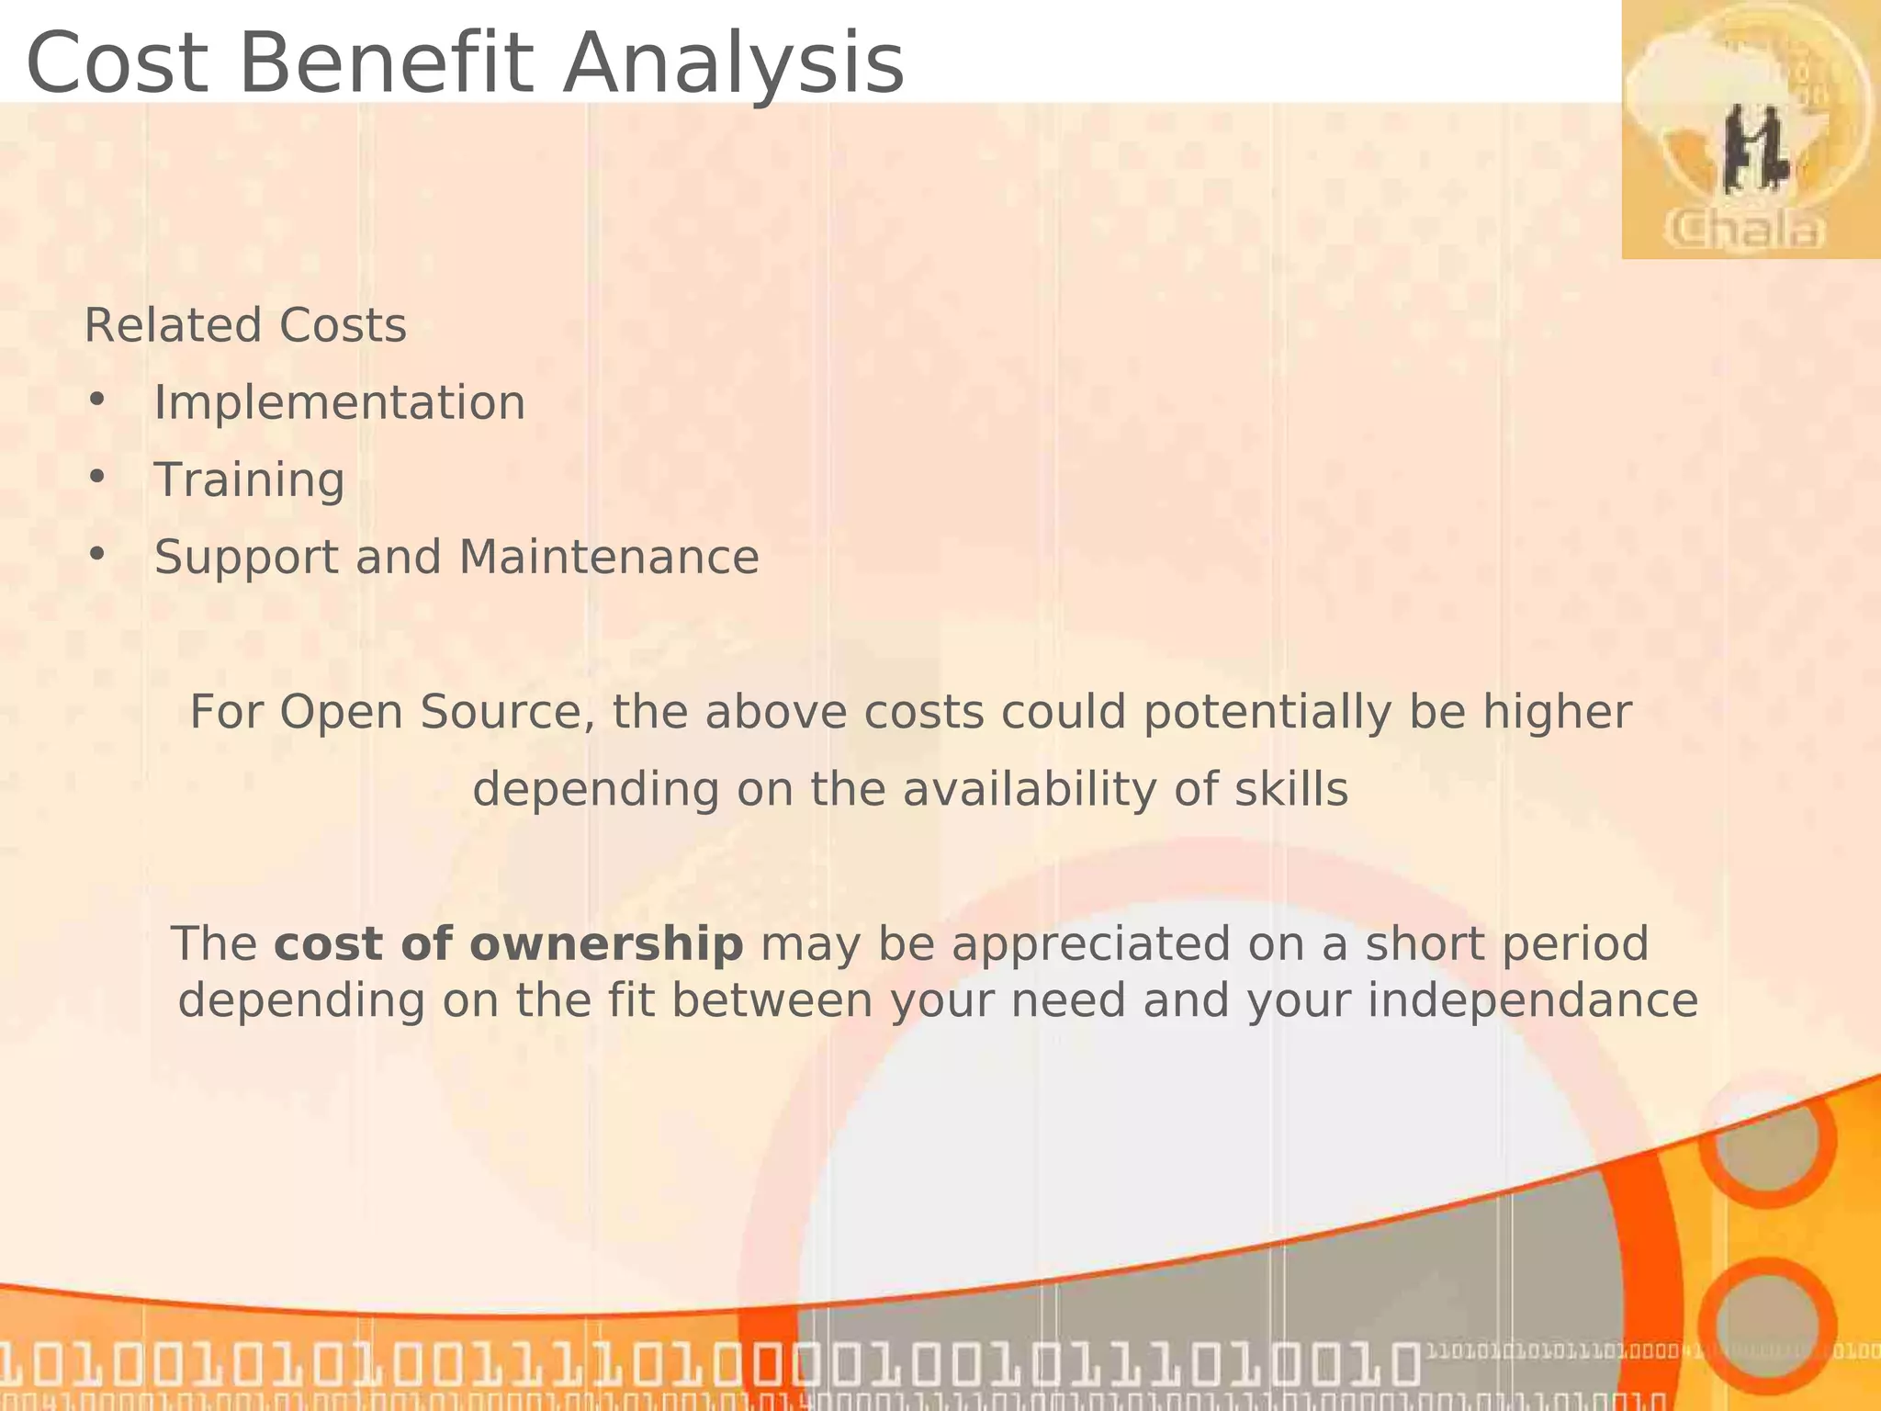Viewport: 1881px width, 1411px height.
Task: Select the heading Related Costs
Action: [x=245, y=325]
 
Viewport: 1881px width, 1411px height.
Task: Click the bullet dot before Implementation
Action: [x=96, y=401]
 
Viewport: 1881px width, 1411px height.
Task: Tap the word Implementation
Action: [x=340, y=402]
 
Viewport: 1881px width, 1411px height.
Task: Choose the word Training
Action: [x=249, y=480]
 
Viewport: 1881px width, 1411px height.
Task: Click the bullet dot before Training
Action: [x=96, y=478]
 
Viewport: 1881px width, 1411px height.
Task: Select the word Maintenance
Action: [x=609, y=557]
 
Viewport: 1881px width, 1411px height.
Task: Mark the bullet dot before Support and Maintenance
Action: [x=96, y=555]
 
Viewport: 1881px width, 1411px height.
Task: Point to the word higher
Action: [x=1557, y=712]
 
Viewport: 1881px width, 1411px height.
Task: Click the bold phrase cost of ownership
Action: [x=509, y=943]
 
